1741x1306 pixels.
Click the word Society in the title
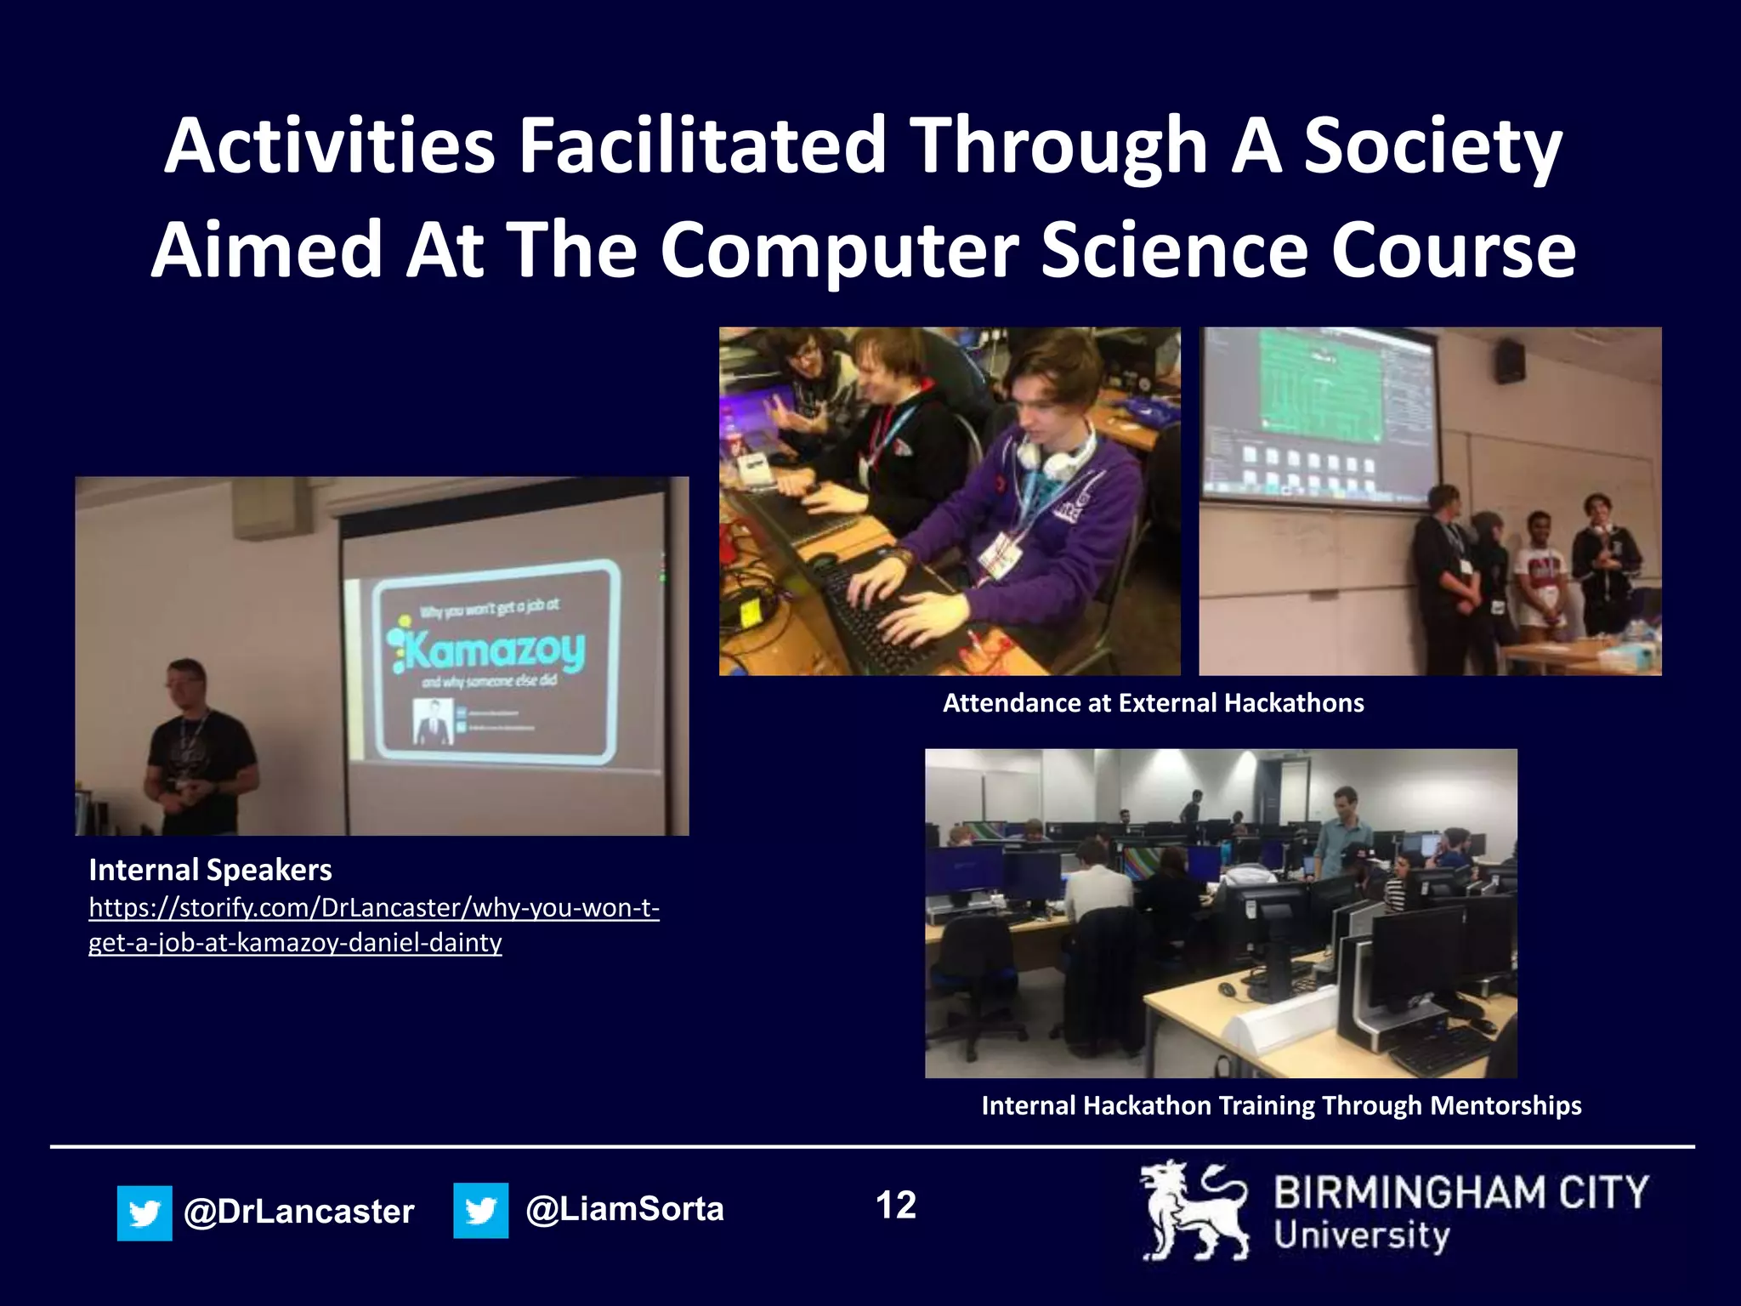coord(1432,146)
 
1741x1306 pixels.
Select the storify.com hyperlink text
coord(374,925)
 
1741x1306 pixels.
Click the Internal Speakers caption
coord(210,870)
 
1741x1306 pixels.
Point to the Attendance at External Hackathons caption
coord(1153,703)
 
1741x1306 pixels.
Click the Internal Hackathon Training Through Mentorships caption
coord(1281,1105)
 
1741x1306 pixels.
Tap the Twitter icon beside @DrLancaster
coord(145,1212)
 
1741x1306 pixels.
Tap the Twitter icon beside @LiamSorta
coord(480,1210)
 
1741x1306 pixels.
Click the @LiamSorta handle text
coord(625,1209)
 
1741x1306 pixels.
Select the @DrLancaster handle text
coord(298,1212)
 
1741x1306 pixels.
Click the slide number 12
coord(896,1206)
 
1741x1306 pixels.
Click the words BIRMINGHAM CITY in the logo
coord(1460,1193)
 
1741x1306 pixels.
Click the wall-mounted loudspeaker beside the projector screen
coord(1510,361)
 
